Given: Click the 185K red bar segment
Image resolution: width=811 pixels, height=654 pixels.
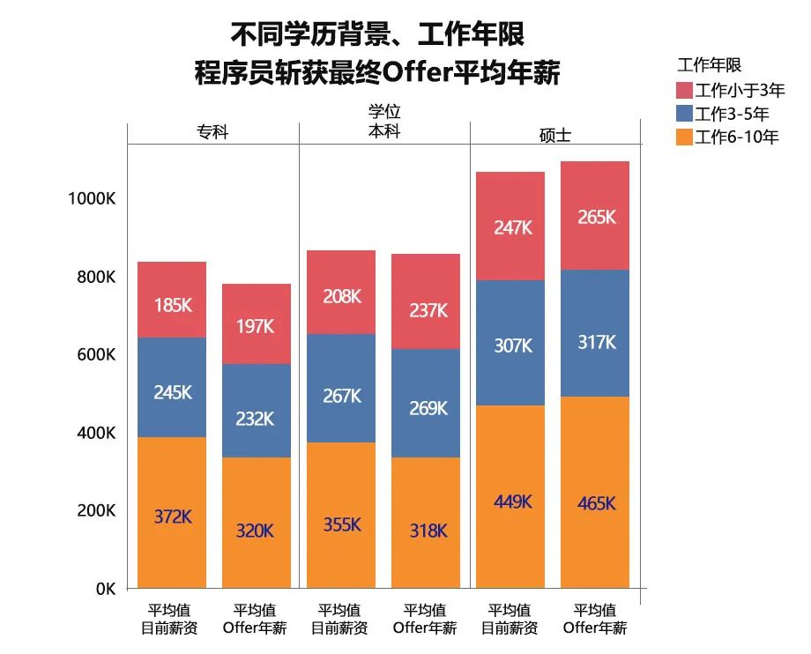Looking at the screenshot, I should pyautogui.click(x=172, y=300).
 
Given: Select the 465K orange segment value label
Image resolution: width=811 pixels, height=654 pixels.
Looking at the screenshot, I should pyautogui.click(x=596, y=504).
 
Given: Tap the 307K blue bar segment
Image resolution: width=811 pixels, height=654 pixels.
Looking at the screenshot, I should pyautogui.click(x=512, y=344).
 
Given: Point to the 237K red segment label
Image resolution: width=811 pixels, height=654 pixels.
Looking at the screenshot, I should pyautogui.click(x=428, y=310).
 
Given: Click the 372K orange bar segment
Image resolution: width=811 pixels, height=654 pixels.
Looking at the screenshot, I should pyautogui.click(x=172, y=512).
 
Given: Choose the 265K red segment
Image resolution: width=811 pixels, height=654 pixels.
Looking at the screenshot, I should pyautogui.click(x=596, y=216).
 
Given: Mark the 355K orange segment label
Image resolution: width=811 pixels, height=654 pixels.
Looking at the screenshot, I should pyautogui.click(x=341, y=524).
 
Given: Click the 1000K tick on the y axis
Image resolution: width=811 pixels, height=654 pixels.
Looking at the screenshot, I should pyautogui.click(x=92, y=199).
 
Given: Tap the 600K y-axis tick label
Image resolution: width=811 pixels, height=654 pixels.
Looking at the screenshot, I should pyautogui.click(x=96, y=355).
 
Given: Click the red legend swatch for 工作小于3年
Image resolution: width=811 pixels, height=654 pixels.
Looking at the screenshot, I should pyautogui.click(x=684, y=90).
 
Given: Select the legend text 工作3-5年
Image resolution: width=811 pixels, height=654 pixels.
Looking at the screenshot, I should pyautogui.click(x=732, y=113).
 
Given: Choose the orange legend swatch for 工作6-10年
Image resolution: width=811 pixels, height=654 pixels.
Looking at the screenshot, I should pyautogui.click(x=684, y=137).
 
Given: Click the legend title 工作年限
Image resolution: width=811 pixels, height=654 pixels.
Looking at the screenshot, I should pyautogui.click(x=709, y=65).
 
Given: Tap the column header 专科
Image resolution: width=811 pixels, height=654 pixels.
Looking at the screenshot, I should pyautogui.click(x=212, y=132).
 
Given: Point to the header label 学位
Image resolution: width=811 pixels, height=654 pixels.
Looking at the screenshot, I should pyautogui.click(x=384, y=113).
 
